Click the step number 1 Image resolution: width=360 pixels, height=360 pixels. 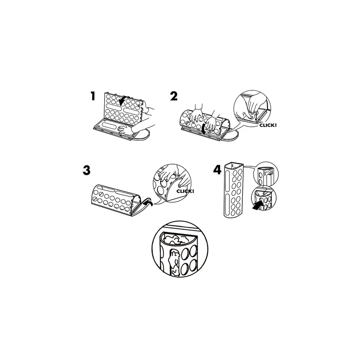93,96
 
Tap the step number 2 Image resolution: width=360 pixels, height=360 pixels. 174,96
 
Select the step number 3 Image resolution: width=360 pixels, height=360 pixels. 86,170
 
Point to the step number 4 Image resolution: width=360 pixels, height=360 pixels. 217,170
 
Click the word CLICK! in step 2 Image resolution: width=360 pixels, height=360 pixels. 268,126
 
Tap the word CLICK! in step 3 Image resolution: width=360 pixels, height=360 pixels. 185,191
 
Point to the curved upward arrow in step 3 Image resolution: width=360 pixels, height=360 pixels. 147,203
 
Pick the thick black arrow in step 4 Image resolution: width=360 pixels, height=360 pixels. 258,205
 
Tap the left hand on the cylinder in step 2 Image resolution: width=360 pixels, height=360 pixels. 195,114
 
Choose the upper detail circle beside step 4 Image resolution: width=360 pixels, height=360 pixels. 266,173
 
